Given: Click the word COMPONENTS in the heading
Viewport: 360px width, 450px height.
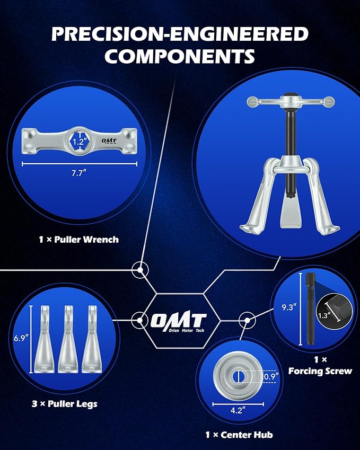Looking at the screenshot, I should (180, 56).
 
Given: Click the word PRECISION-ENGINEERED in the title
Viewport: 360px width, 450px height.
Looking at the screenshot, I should (180, 34).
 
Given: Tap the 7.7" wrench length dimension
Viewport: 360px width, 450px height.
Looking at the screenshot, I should (78, 173).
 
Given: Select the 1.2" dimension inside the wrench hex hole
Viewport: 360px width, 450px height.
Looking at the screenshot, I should (78, 142).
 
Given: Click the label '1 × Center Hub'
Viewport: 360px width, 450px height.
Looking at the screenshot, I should (239, 435).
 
